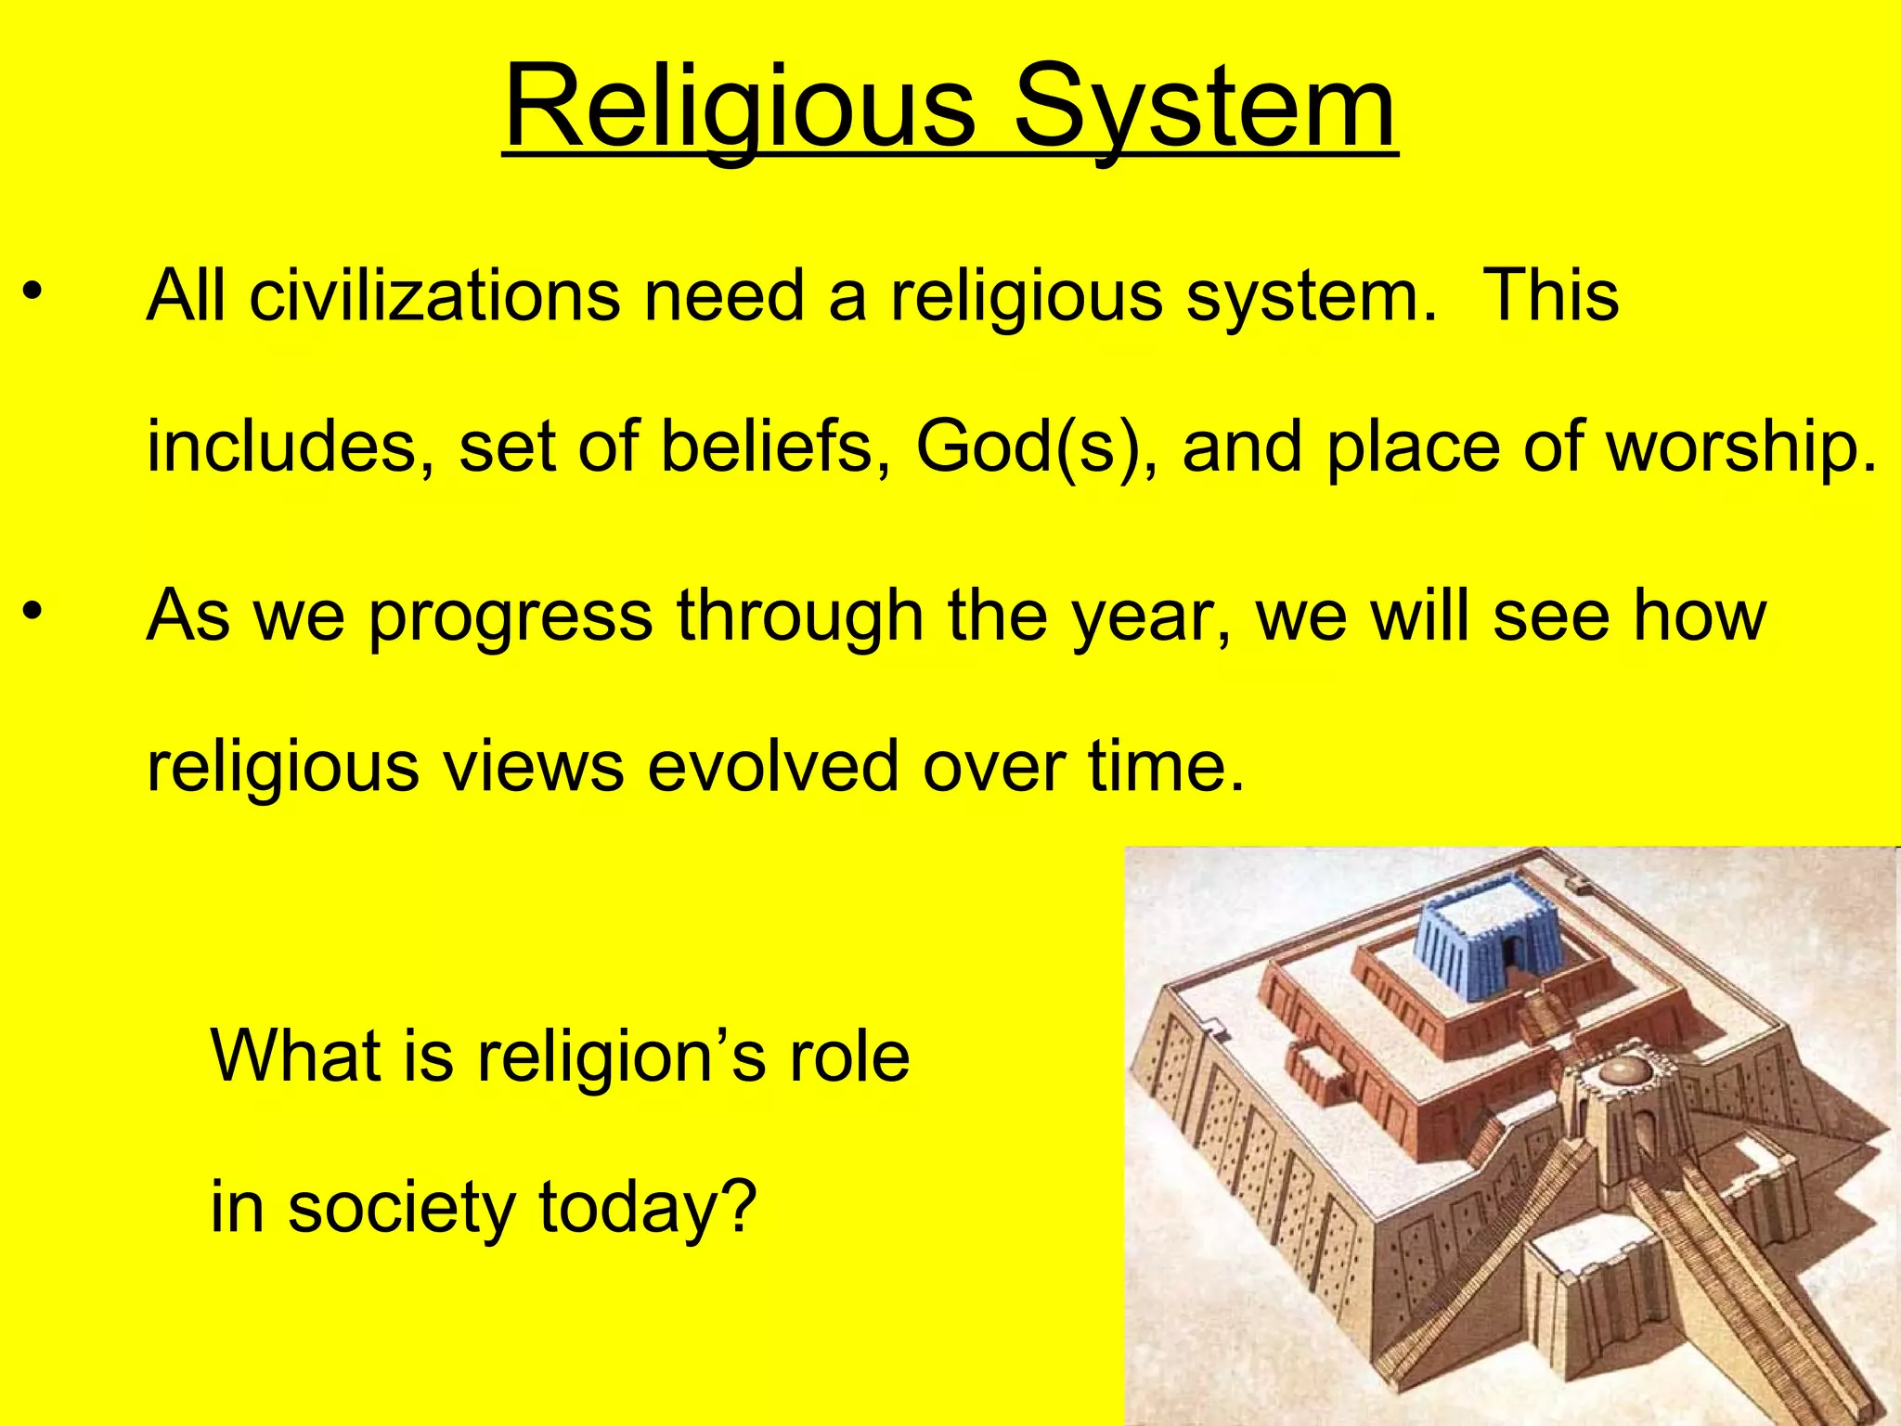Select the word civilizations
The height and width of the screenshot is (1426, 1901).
[x=435, y=296]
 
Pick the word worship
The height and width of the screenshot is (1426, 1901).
[x=1739, y=448]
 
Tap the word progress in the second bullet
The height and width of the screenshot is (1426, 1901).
[x=511, y=617]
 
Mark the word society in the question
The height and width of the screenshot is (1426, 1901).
[x=400, y=1208]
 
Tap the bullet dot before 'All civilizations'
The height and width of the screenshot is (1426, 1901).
[x=32, y=293]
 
